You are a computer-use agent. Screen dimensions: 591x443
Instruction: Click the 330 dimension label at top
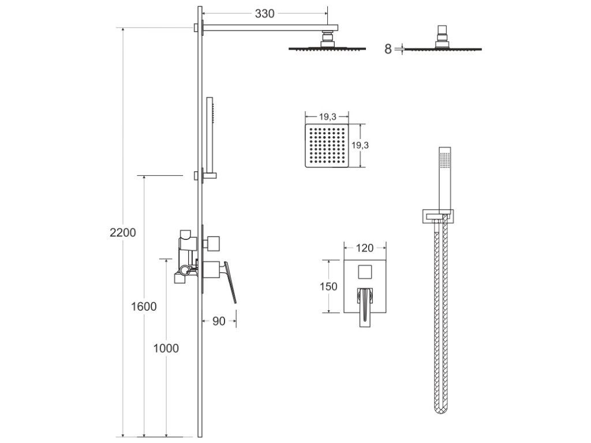tap(264, 14)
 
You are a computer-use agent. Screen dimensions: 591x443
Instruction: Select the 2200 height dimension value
tap(123, 232)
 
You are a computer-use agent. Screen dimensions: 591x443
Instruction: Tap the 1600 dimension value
tap(143, 306)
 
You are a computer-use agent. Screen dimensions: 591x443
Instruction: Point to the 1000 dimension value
tap(166, 348)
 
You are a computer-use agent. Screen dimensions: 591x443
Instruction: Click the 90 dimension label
tap(219, 322)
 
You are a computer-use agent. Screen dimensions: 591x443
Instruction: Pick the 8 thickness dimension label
tap(388, 49)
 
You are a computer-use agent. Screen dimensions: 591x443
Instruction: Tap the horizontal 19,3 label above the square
tap(326, 115)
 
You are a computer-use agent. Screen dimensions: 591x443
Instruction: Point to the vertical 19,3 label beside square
tap(360, 145)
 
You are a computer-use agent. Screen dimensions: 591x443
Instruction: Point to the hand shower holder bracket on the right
tap(437, 216)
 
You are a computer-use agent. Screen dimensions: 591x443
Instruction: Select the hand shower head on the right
tap(444, 173)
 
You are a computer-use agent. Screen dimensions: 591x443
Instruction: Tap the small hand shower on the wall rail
tap(210, 133)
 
